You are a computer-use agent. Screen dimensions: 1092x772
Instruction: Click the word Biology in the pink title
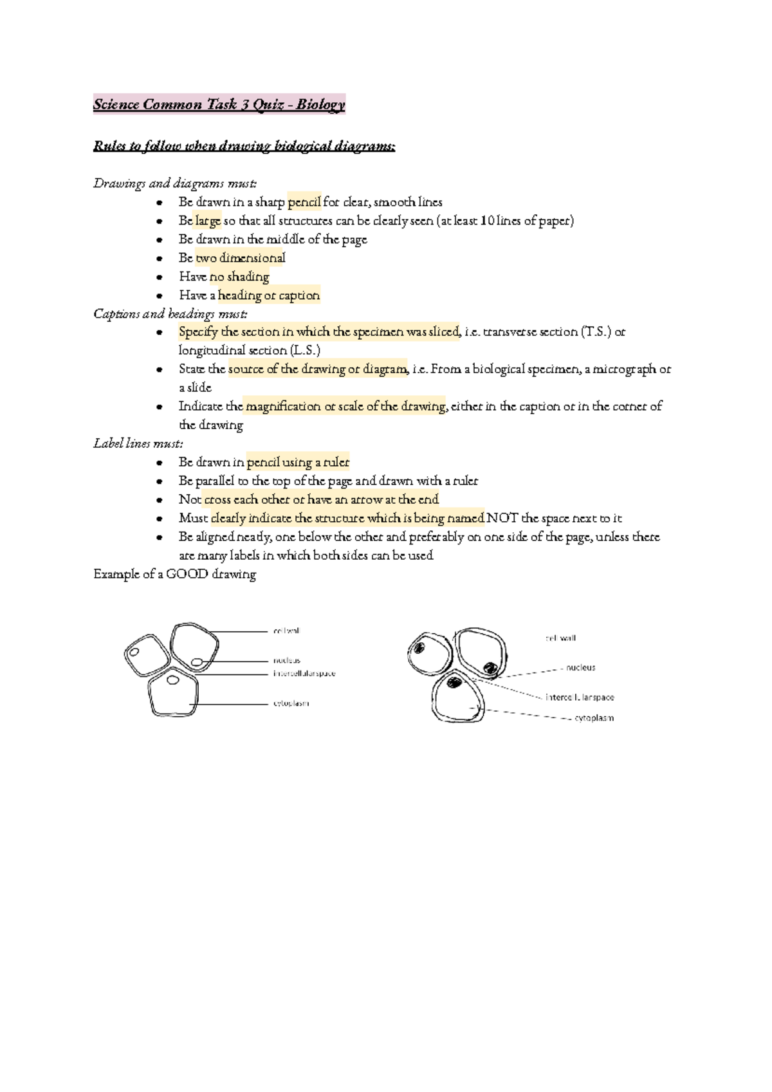pyautogui.click(x=320, y=104)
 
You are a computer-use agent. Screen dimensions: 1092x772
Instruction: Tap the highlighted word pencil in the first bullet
pyautogui.click(x=304, y=202)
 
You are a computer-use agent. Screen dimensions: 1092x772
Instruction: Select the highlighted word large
pyautogui.click(x=208, y=221)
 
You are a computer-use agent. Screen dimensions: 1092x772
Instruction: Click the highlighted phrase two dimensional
pyautogui.click(x=240, y=258)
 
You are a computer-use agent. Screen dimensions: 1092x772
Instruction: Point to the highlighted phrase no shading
pyautogui.click(x=239, y=277)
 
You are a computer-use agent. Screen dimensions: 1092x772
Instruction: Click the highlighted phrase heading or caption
pyautogui.click(x=268, y=295)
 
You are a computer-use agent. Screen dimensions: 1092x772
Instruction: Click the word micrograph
pyautogui.click(x=624, y=369)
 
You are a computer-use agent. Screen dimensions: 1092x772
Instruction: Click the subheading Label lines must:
pyautogui.click(x=138, y=443)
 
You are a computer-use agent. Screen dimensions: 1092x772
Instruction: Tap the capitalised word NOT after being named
pyautogui.click(x=502, y=518)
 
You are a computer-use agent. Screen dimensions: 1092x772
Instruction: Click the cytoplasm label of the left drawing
pyautogui.click(x=291, y=703)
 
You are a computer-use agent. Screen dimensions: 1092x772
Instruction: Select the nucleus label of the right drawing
pyautogui.click(x=580, y=668)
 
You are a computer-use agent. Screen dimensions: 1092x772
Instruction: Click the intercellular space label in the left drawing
pyautogui.click(x=304, y=674)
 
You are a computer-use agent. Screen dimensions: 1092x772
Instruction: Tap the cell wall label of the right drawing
pyautogui.click(x=560, y=638)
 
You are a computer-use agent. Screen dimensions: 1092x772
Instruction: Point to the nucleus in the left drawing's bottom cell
pyautogui.click(x=172, y=680)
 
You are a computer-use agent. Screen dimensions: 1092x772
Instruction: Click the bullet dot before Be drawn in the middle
pyautogui.click(x=159, y=240)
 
